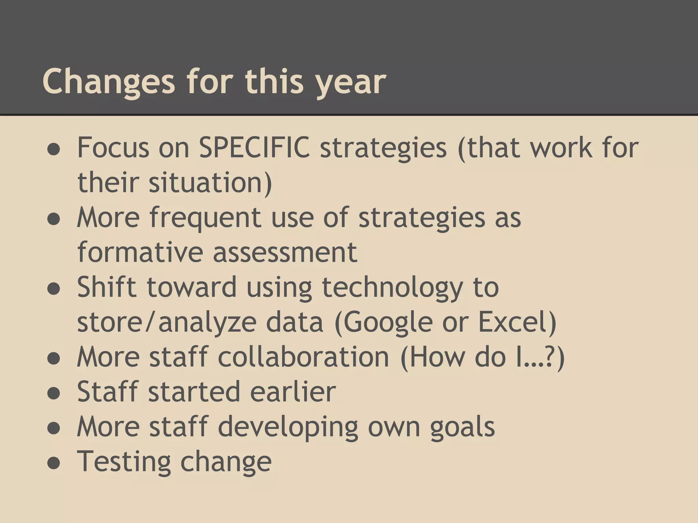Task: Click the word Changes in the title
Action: click(x=108, y=82)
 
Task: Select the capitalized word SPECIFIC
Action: click(x=254, y=147)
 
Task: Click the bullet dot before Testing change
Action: click(x=54, y=463)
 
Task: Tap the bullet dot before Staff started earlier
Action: click(x=54, y=394)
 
